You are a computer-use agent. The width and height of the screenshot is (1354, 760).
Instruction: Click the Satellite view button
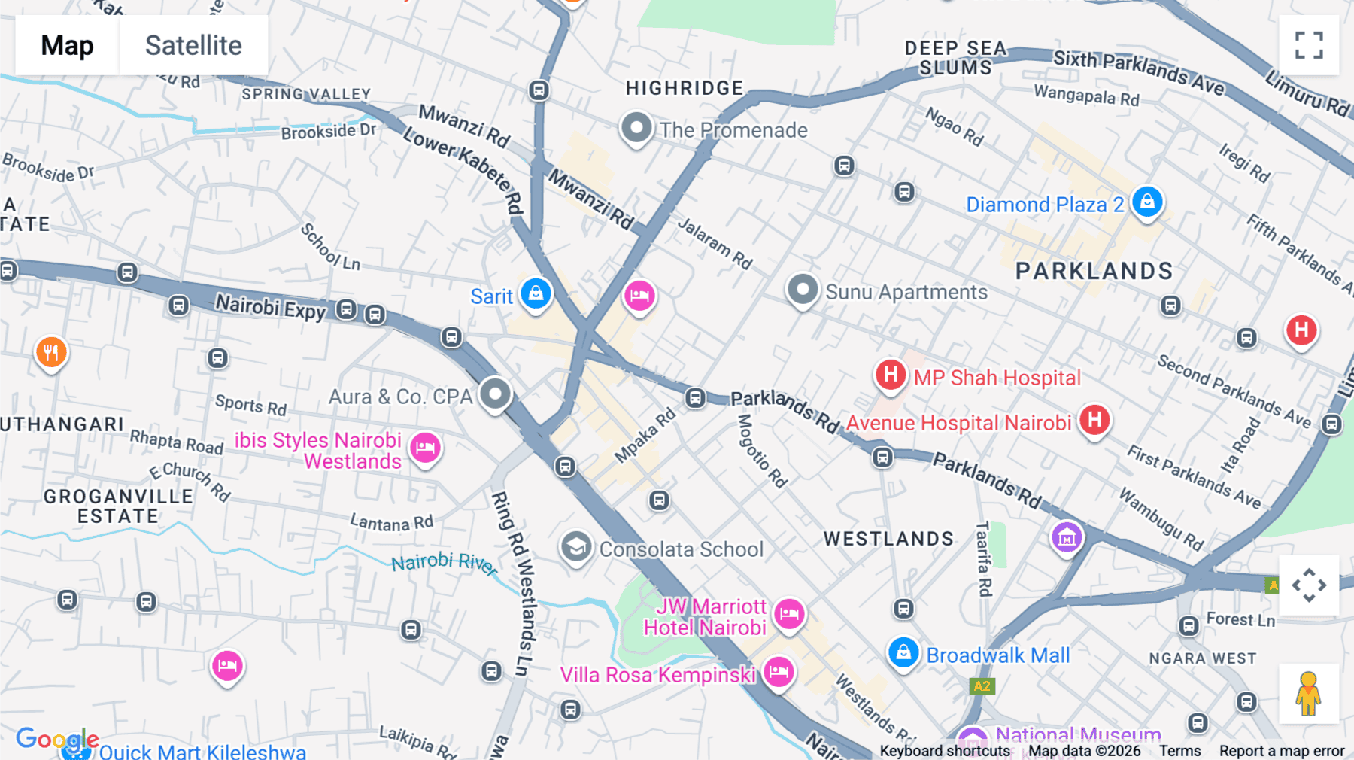pyautogui.click(x=193, y=45)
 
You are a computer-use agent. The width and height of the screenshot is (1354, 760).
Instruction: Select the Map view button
pyautogui.click(x=67, y=45)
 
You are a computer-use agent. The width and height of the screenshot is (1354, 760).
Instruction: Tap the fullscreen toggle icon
pyautogui.click(x=1309, y=45)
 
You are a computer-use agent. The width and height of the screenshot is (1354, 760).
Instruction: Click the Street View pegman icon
pyautogui.click(x=1308, y=694)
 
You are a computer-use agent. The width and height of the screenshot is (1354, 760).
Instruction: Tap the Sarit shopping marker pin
pyautogui.click(x=536, y=293)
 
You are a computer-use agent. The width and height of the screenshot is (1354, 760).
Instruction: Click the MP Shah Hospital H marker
pyautogui.click(x=890, y=374)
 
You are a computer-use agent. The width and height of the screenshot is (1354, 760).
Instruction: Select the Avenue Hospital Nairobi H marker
pyautogui.click(x=1094, y=420)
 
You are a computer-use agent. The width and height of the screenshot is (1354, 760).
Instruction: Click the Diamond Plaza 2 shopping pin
pyautogui.click(x=1146, y=202)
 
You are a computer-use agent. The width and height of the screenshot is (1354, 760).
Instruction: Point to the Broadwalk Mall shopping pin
pyautogui.click(x=903, y=652)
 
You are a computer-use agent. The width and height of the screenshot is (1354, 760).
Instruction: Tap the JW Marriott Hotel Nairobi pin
pyautogui.click(x=789, y=614)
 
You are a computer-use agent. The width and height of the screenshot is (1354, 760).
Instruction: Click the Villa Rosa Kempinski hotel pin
pyautogui.click(x=779, y=670)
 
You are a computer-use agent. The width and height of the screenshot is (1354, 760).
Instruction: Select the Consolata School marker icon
pyautogui.click(x=576, y=547)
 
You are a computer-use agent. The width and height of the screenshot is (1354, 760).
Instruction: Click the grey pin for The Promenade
pyautogui.click(x=636, y=128)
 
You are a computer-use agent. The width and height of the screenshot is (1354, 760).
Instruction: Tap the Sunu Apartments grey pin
pyautogui.click(x=803, y=290)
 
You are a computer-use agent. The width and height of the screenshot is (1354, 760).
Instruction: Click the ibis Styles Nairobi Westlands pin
pyautogui.click(x=425, y=448)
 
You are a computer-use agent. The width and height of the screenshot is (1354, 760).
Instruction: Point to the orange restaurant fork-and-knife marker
pyautogui.click(x=51, y=351)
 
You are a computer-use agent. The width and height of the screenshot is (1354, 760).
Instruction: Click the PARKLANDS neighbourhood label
pyautogui.click(x=1094, y=271)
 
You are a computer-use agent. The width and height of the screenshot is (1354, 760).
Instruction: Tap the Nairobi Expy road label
pyautogui.click(x=271, y=307)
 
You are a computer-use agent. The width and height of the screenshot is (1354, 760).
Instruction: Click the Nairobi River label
pyautogui.click(x=444, y=563)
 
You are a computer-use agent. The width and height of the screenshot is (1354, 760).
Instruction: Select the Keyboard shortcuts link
pyautogui.click(x=945, y=751)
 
